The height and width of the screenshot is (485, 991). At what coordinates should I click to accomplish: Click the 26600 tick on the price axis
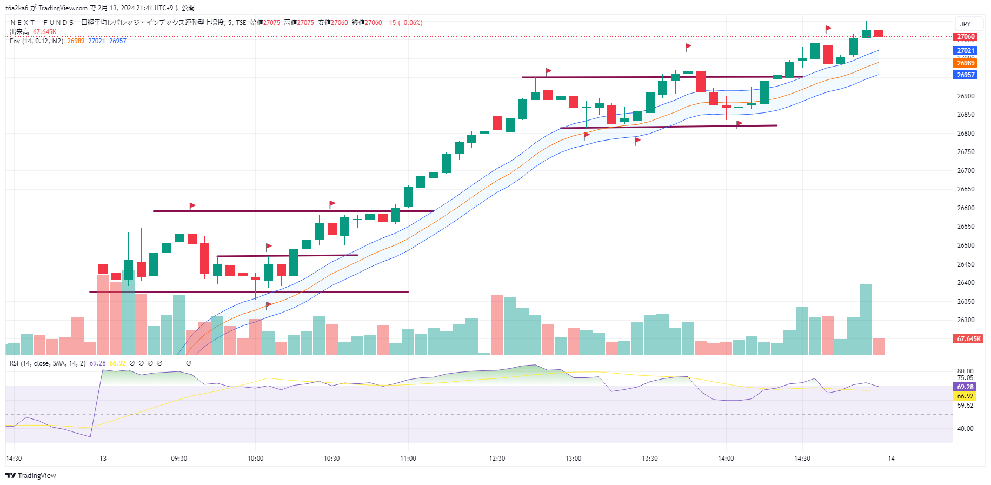coord(966,208)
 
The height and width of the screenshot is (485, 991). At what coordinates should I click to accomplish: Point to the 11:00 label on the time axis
coord(408,459)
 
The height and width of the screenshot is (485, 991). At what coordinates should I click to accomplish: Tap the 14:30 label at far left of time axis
coord(14,459)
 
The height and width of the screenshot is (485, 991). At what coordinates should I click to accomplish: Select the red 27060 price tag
coord(966,37)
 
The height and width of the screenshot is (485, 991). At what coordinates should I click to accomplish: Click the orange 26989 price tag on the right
coord(966,63)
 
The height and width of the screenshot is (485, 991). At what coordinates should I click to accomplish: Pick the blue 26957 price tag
coord(966,75)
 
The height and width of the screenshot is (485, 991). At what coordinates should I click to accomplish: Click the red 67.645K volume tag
coord(968,339)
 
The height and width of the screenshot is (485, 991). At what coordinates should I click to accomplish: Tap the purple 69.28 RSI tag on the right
coord(965,387)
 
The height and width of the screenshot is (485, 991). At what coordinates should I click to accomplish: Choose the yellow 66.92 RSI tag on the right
coord(965,396)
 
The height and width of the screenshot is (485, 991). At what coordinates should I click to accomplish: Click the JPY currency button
coord(965,24)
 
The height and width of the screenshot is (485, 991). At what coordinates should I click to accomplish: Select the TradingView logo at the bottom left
coord(31,476)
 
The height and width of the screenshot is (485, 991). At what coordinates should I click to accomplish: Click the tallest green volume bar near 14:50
coord(866,319)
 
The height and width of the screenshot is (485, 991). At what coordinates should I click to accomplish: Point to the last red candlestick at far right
coord(879,34)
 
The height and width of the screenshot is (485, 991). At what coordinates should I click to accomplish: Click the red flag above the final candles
coord(828,29)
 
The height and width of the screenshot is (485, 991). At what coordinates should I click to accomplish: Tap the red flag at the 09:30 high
coord(192,206)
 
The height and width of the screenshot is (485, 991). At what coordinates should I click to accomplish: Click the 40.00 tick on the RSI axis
coord(965,429)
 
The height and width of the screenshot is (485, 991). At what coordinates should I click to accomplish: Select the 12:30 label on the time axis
coord(497,459)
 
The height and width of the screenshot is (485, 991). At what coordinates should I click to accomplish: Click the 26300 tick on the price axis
coord(966,320)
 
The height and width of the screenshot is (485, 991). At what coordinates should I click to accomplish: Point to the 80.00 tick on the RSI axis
coord(965,371)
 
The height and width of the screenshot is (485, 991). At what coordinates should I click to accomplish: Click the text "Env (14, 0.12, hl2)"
coord(36,41)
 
